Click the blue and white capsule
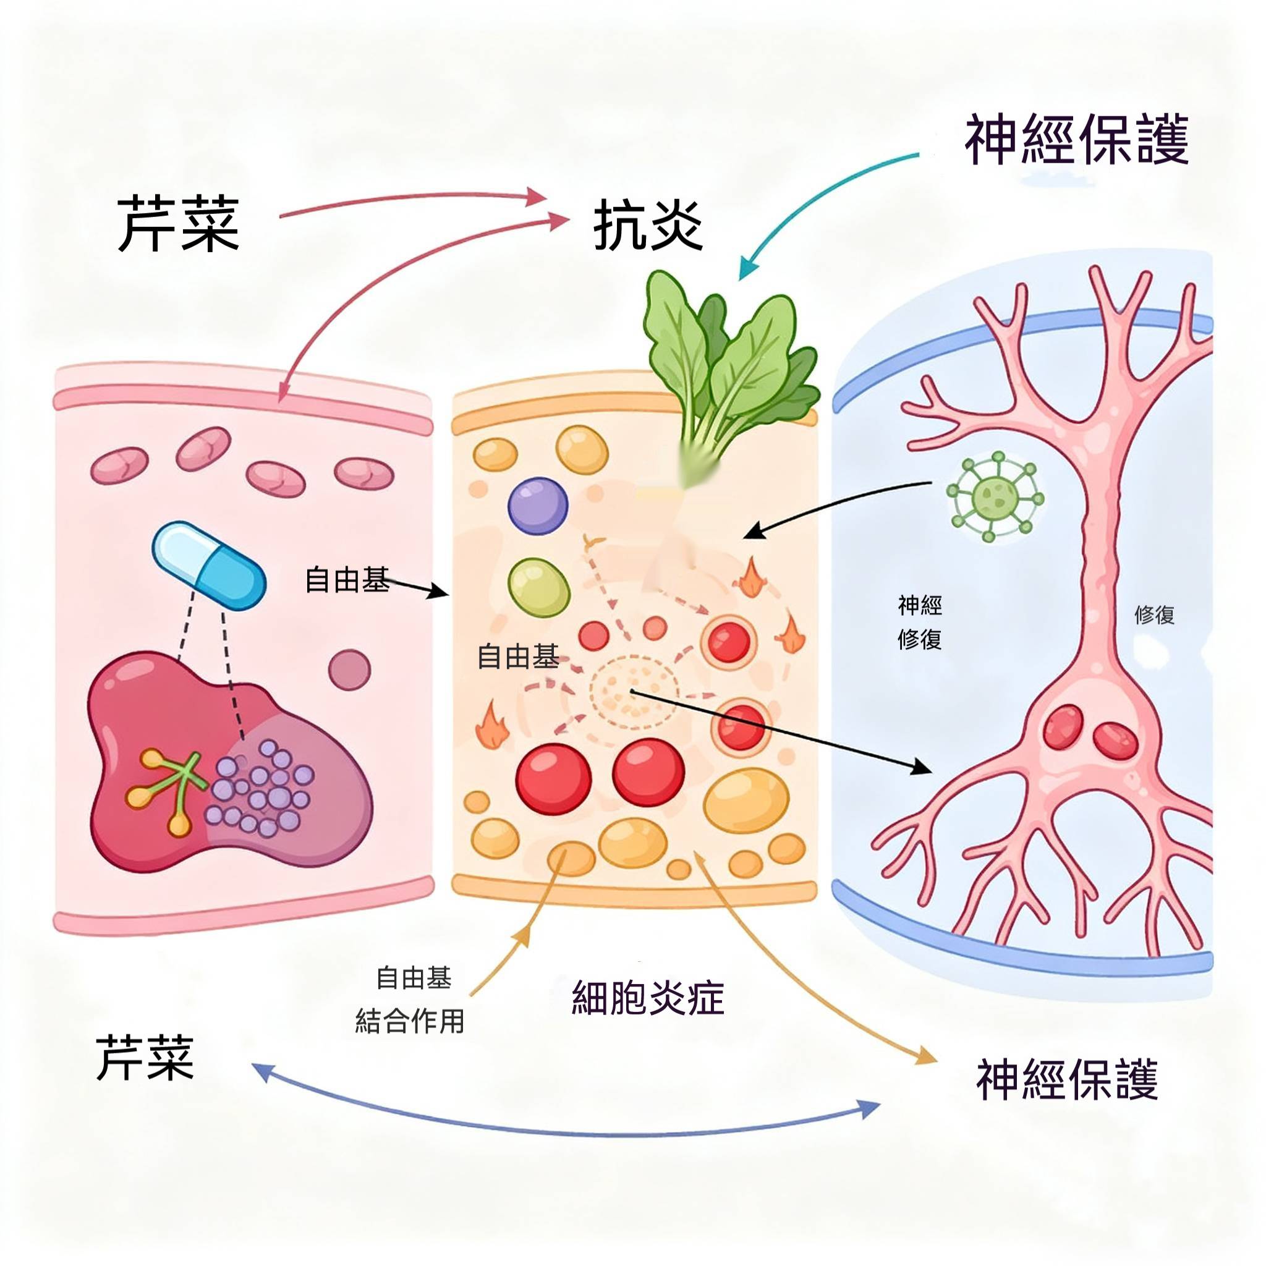(209, 566)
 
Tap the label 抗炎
(647, 226)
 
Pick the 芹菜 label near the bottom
(145, 1058)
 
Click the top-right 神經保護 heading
(1076, 140)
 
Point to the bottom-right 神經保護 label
(1067, 1079)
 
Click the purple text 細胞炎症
(647, 998)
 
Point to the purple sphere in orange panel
(538, 506)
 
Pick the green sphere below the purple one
(538, 587)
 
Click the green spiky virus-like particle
(995, 496)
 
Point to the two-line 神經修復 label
(919, 622)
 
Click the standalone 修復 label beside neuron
(1154, 614)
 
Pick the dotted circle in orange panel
(632, 690)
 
